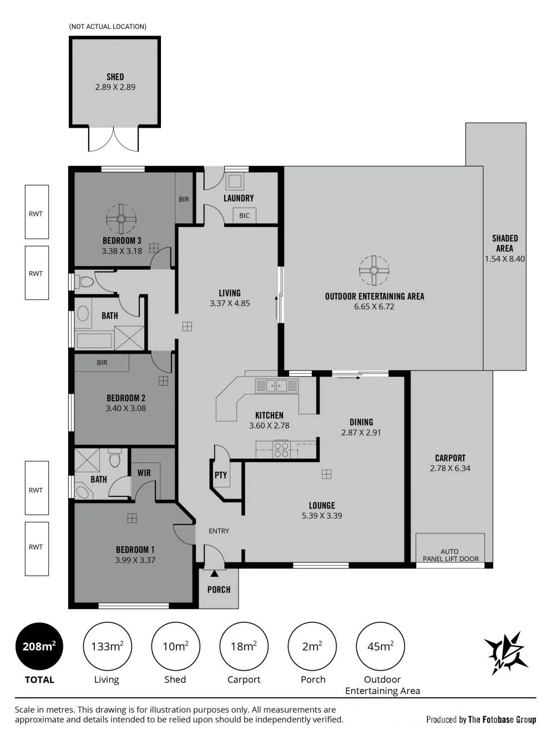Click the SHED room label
tap(115, 77)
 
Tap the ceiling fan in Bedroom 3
tap(121, 219)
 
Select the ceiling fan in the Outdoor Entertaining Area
tap(374, 270)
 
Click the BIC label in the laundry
tap(244, 215)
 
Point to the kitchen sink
tap(277, 386)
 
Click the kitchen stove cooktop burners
tap(281, 450)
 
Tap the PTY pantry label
tap(221, 475)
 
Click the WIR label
tap(144, 472)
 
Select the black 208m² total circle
tap(39, 646)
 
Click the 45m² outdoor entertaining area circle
tap(380, 646)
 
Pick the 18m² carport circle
tap(244, 646)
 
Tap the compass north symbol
tap(506, 653)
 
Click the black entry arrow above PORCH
tap(215, 573)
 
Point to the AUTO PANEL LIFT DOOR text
tap(450, 555)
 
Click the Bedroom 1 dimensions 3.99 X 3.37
tap(135, 560)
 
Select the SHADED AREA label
tap(505, 243)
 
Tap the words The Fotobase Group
tap(502, 719)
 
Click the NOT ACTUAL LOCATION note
tap(108, 27)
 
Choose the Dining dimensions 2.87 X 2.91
tap(361, 432)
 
